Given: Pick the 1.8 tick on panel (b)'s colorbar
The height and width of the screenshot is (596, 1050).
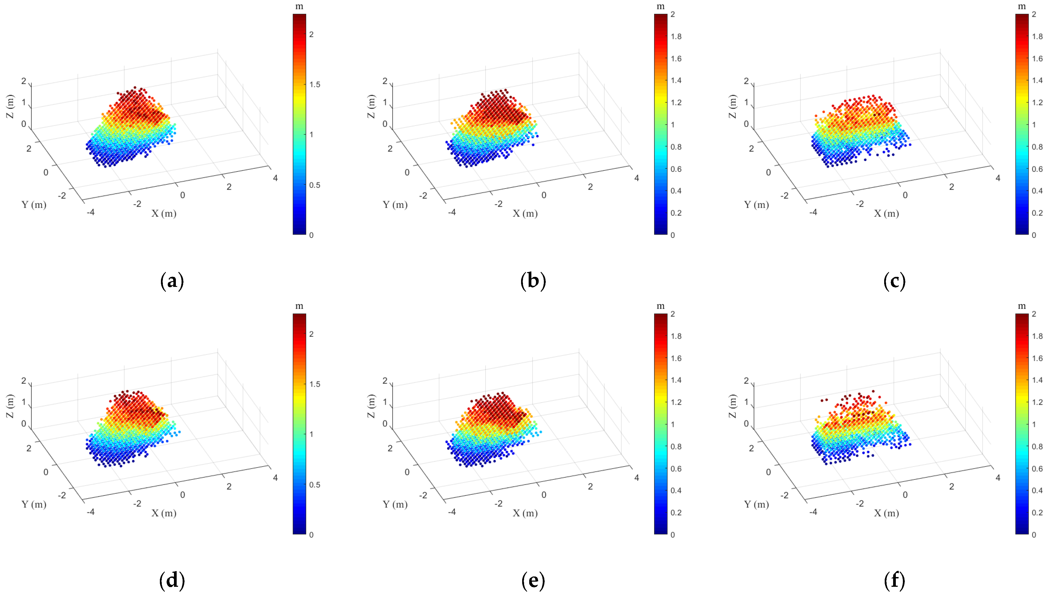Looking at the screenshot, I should click(676, 36).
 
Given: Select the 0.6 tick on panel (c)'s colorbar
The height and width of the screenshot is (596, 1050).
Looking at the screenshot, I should click(1037, 169).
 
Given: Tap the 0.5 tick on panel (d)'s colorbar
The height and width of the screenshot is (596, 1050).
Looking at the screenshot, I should click(314, 485).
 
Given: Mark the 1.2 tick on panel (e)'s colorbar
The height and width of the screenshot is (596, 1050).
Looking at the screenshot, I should click(676, 402).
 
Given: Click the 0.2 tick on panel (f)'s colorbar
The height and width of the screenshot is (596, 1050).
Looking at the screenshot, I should click(1037, 513).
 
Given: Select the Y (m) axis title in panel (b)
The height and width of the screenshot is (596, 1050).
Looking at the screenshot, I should click(395, 205).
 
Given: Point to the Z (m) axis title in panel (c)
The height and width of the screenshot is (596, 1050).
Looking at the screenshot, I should click(732, 106).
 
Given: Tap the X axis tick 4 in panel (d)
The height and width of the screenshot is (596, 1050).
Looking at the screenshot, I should click(275, 478).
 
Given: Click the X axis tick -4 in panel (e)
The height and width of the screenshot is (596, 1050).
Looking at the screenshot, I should click(452, 512).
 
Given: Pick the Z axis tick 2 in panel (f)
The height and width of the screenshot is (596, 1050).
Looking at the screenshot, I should click(746, 381).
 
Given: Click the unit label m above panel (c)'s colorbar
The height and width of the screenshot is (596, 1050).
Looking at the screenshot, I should click(1022, 7).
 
